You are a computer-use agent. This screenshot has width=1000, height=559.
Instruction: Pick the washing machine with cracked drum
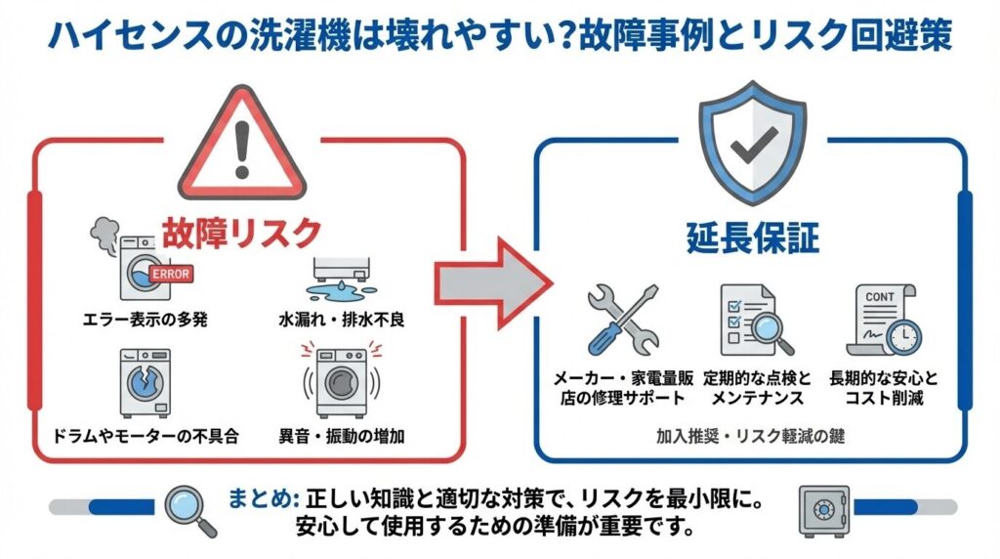(x=144, y=382)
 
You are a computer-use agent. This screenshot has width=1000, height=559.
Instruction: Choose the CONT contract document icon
(x=885, y=320)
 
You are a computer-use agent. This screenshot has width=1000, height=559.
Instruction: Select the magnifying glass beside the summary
(x=190, y=510)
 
